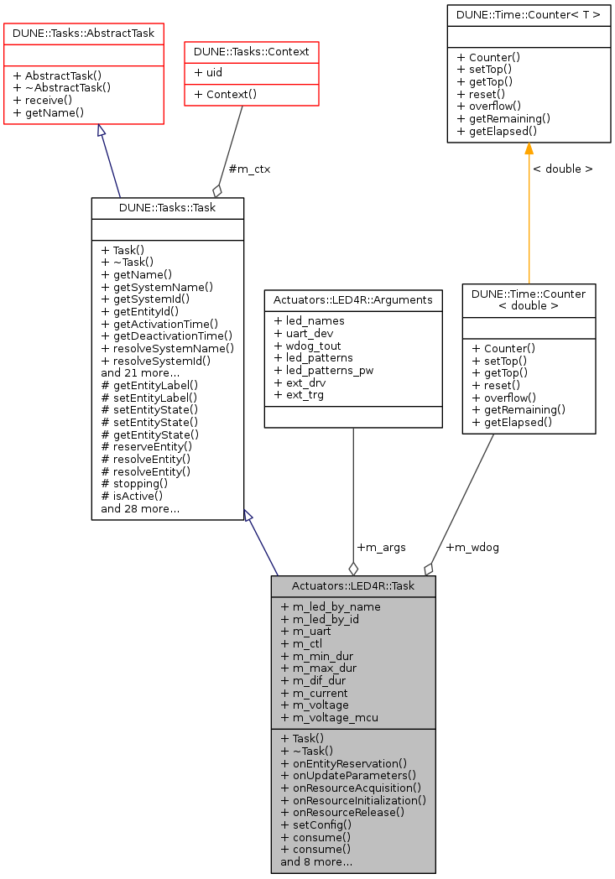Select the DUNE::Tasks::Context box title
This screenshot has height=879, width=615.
(252, 52)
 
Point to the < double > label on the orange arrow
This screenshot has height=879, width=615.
(562, 169)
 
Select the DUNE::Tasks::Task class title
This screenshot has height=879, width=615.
(168, 207)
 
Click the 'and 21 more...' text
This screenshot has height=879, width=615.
(140, 372)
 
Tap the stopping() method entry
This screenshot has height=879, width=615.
(134, 483)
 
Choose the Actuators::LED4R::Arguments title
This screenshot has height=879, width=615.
(353, 299)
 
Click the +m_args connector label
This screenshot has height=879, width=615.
(381, 547)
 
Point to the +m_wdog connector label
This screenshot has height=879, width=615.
(472, 547)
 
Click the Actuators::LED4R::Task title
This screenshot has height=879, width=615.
(353, 585)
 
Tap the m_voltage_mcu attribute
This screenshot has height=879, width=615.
(329, 717)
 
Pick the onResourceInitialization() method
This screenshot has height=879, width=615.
(353, 800)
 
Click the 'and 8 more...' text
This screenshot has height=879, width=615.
(316, 861)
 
